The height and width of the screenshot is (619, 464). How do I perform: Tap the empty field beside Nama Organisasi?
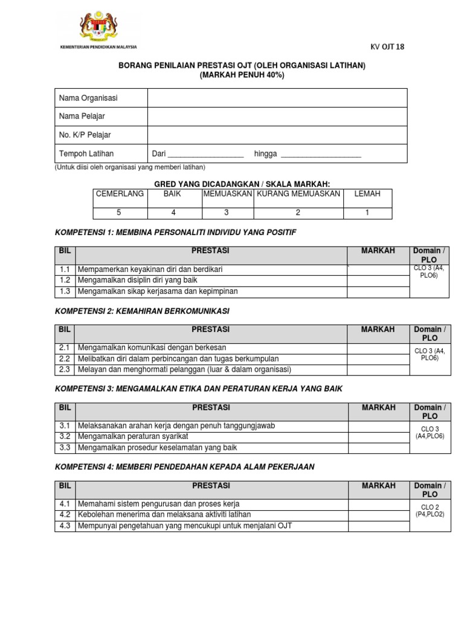click(x=277, y=98)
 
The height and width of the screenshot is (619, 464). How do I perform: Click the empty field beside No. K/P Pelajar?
click(x=277, y=134)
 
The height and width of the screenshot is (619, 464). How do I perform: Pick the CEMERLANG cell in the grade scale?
click(x=120, y=194)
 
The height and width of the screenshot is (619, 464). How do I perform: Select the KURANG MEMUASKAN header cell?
click(x=298, y=194)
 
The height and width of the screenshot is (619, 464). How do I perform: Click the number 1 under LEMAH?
click(x=367, y=212)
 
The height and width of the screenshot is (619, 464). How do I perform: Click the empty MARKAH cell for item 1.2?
click(x=378, y=280)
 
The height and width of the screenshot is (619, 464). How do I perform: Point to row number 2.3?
click(x=65, y=369)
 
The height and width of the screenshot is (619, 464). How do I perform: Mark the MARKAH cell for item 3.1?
click(x=378, y=426)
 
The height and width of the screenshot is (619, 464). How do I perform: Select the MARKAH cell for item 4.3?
click(x=378, y=526)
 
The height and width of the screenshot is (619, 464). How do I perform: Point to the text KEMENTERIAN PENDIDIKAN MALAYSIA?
click(x=97, y=47)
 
